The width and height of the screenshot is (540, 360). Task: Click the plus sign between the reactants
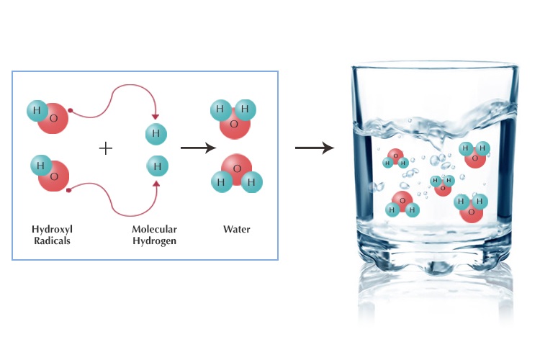106,148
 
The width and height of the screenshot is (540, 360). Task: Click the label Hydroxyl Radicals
53,235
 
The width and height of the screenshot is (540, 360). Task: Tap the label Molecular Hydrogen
154,235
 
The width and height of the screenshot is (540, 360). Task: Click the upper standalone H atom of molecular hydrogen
156,133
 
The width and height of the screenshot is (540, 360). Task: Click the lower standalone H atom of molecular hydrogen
156,167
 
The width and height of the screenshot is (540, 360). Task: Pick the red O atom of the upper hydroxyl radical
55,117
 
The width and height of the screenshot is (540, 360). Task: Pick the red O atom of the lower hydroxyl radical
55,176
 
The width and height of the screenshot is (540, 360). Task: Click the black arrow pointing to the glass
315,148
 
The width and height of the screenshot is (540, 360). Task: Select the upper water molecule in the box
230,118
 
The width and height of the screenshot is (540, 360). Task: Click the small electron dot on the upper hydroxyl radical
70,110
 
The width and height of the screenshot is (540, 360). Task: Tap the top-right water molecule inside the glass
474,153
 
